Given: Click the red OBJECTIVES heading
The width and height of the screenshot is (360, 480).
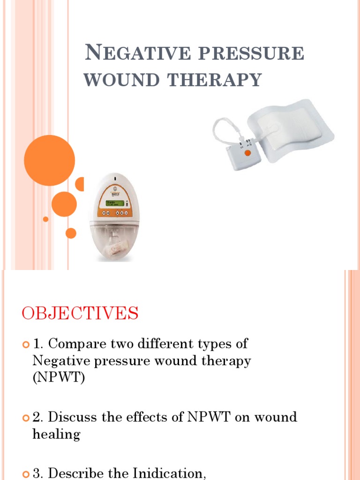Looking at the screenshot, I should [x=80, y=313].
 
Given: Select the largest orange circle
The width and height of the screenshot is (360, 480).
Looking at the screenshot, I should [x=49, y=160].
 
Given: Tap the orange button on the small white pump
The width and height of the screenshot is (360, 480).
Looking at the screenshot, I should [x=247, y=153].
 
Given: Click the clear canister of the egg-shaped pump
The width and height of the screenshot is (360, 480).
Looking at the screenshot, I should [x=115, y=239].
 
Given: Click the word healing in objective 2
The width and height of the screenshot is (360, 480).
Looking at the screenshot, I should [x=56, y=435].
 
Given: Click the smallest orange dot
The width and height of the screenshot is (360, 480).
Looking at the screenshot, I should [x=45, y=219].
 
